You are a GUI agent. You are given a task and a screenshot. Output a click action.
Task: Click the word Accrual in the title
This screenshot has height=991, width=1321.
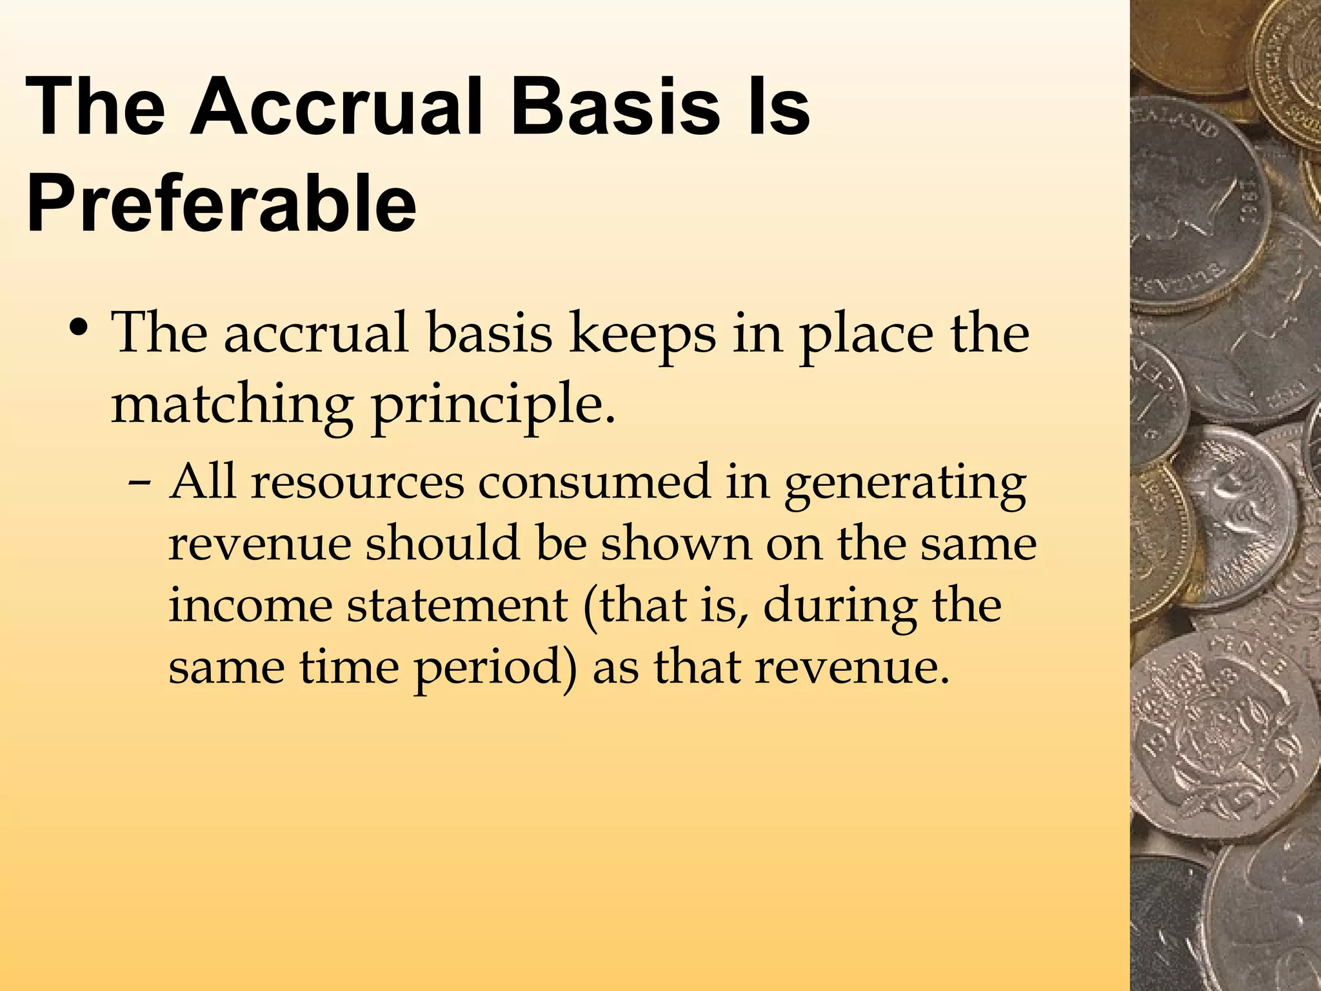point(335,106)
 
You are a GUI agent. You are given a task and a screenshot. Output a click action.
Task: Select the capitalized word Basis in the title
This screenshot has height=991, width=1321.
point(615,106)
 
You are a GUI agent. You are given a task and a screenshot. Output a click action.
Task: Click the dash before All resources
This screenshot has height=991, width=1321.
point(140,484)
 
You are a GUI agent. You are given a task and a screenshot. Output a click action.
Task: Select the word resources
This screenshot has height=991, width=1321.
point(357,483)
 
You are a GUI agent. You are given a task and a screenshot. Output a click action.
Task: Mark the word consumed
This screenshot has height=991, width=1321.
point(593,483)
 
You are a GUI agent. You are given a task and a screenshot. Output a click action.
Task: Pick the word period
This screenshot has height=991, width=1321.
point(494,668)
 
